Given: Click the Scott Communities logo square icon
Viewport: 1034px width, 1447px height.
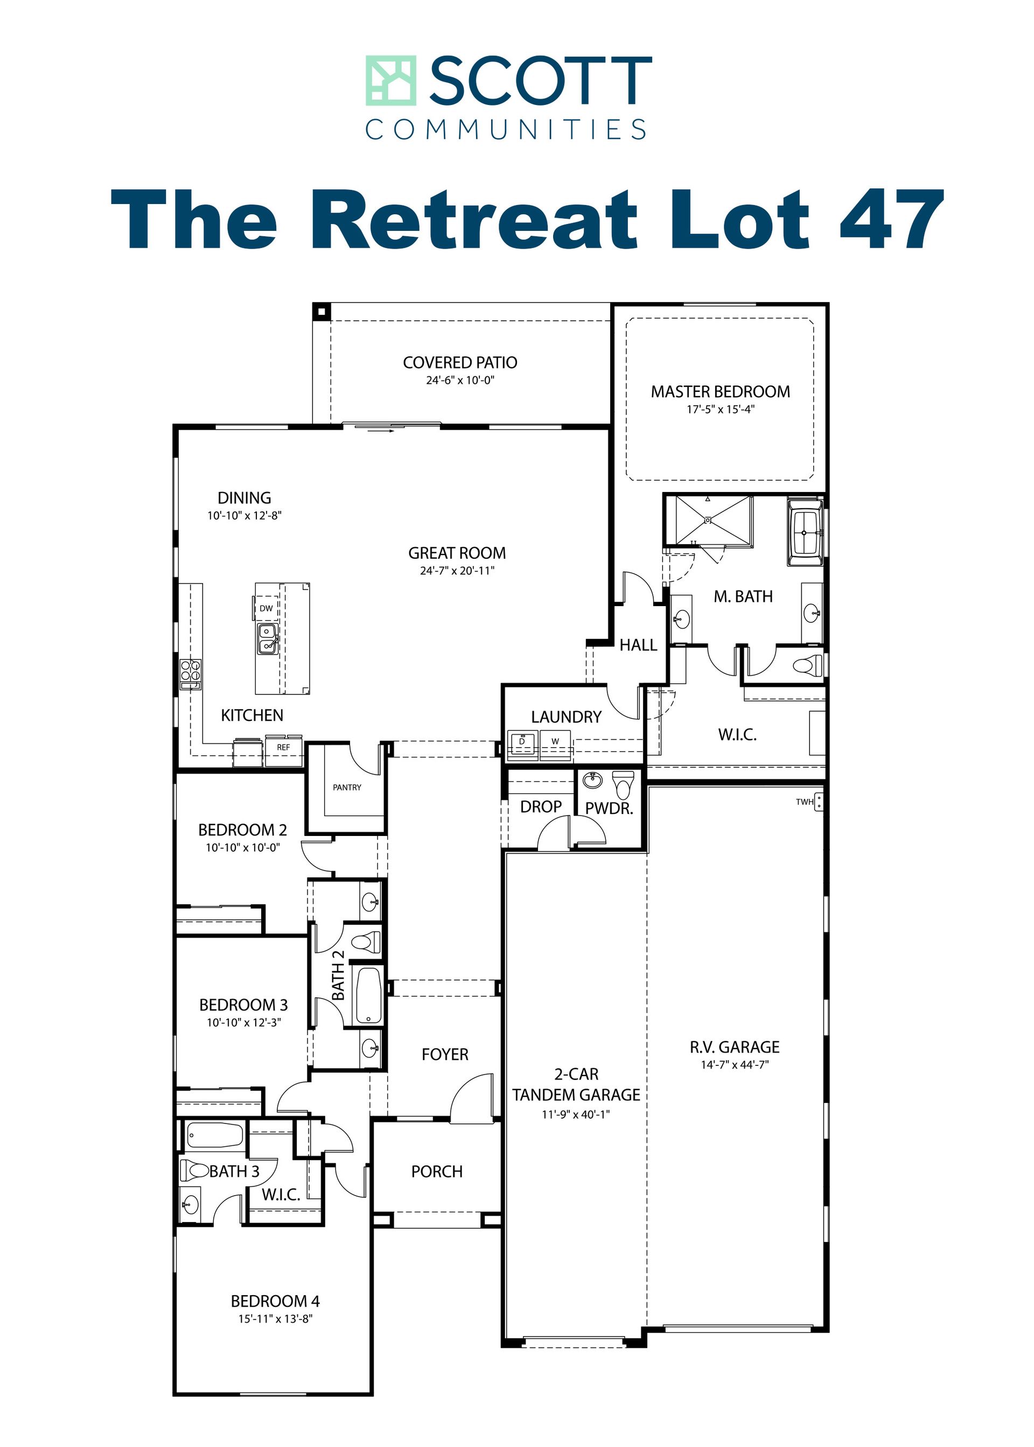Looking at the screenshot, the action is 391,80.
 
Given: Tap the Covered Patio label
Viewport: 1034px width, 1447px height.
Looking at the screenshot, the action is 460,363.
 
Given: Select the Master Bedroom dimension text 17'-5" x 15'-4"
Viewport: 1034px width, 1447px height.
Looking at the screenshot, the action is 720,409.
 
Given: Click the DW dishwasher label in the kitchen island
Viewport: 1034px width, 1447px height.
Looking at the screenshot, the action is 266,608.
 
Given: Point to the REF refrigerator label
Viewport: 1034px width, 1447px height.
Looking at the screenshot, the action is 283,747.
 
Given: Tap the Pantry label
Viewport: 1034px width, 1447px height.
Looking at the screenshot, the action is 347,788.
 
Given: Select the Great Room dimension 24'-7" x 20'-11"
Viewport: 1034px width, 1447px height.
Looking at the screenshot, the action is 457,571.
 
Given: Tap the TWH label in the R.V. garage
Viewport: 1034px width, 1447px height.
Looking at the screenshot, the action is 805,802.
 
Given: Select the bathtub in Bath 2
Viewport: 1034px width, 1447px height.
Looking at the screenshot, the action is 369,996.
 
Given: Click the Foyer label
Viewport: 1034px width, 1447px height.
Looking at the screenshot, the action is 445,1055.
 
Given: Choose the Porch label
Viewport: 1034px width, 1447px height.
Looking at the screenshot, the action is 437,1171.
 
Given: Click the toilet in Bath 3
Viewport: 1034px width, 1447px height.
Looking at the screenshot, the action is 194,1170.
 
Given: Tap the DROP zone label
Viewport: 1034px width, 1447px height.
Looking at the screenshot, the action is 541,807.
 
